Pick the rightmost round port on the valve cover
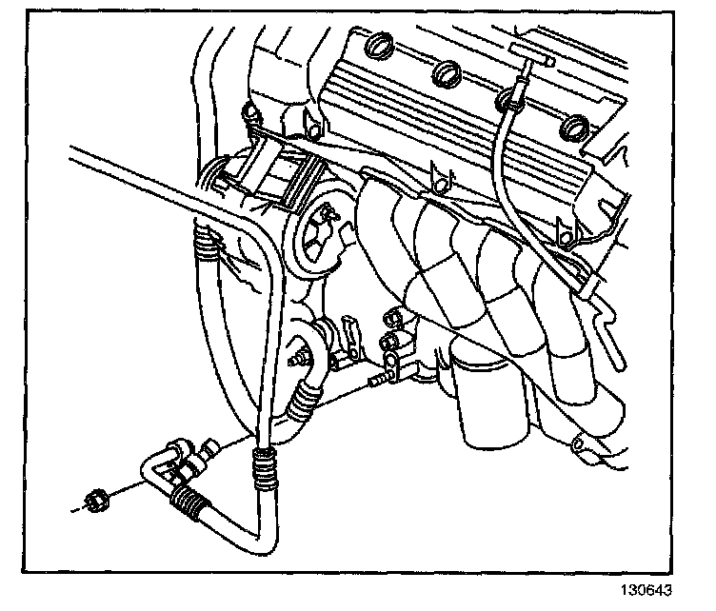click(573, 126)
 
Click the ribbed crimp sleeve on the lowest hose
click(191, 501)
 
